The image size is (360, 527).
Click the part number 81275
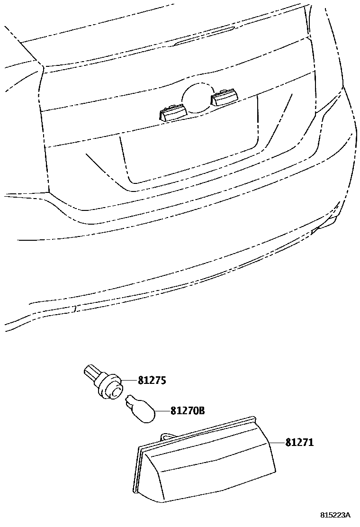pyautogui.click(x=153, y=380)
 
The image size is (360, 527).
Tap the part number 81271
pyautogui.click(x=299, y=442)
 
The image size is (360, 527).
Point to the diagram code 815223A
pyautogui.click(x=334, y=515)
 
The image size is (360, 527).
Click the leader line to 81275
pyautogui.click(x=130, y=380)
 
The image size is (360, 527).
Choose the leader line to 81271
pyautogui.click(x=277, y=442)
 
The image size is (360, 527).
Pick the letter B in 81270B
pyautogui.click(x=201, y=410)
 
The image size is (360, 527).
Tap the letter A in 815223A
pyautogui.click(x=347, y=515)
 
